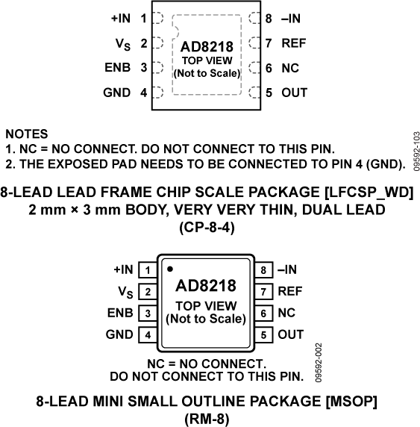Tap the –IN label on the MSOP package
tap(289, 269)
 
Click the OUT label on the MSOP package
tap(290, 335)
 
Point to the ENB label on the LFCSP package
tap(117, 68)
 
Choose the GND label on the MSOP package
tap(119, 335)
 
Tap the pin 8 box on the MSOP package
tap(263, 269)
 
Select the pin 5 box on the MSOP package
tap(263, 335)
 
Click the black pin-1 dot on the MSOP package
tap(171, 268)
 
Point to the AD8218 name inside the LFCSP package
tap(207, 48)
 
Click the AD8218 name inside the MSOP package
tap(206, 287)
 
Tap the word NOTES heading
tap(26, 134)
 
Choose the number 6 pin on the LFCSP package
tap(269, 68)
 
